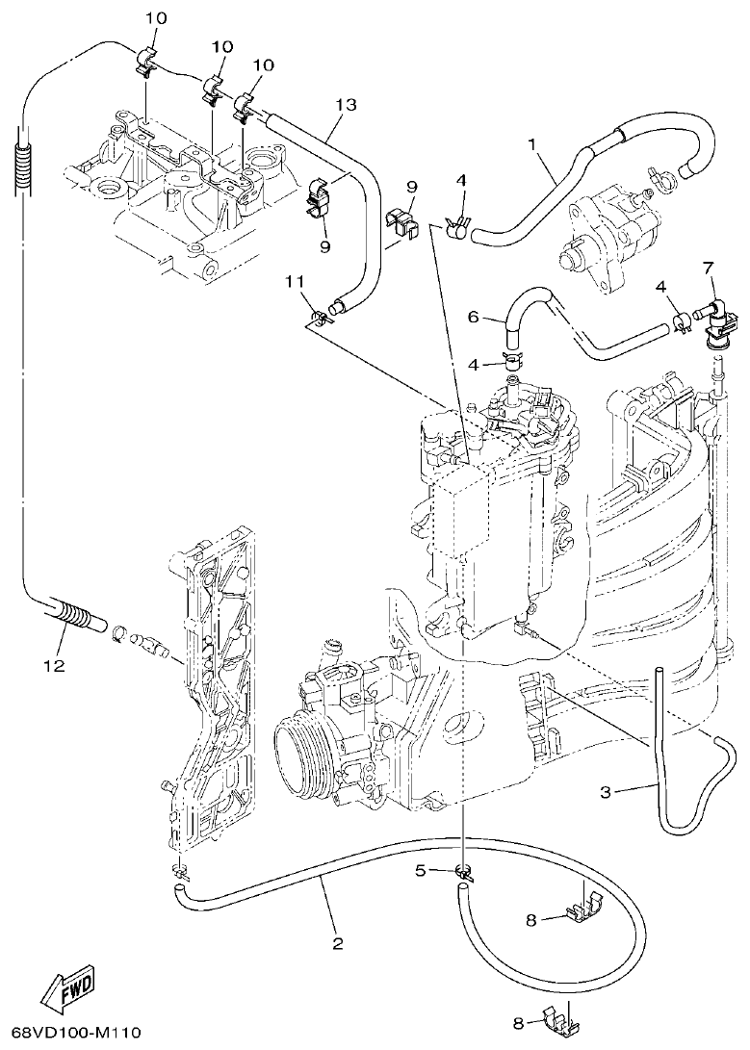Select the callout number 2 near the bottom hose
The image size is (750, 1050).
(x=337, y=943)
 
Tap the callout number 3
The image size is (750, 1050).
(x=605, y=791)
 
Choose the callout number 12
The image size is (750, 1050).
(x=54, y=665)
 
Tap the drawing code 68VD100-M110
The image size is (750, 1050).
(x=71, y=1033)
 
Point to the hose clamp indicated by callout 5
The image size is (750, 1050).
(x=464, y=874)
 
